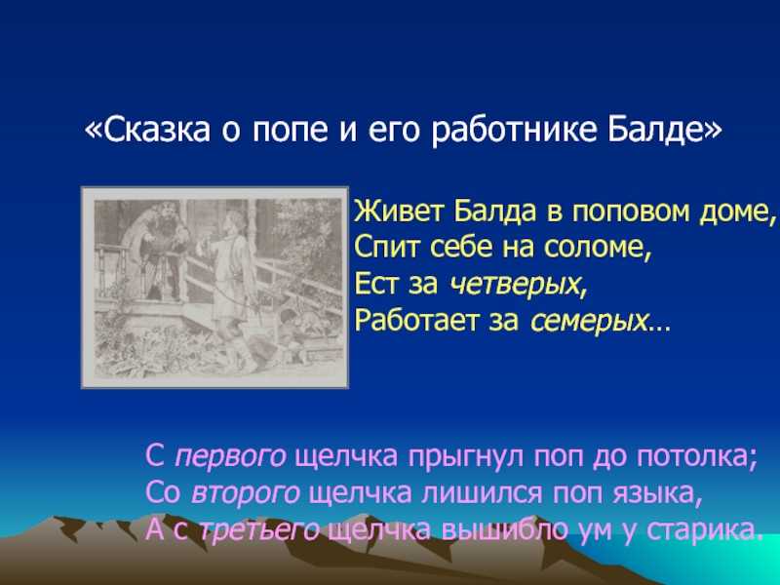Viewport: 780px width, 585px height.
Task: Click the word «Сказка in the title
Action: click(147, 130)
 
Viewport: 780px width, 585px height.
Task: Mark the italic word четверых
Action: click(514, 284)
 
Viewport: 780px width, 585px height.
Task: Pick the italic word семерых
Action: click(590, 322)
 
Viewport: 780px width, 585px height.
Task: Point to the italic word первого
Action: click(230, 456)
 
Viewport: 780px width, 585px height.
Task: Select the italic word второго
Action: click(245, 493)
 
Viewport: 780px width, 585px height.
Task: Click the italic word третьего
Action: click(259, 529)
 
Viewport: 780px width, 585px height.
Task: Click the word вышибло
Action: click(504, 528)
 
